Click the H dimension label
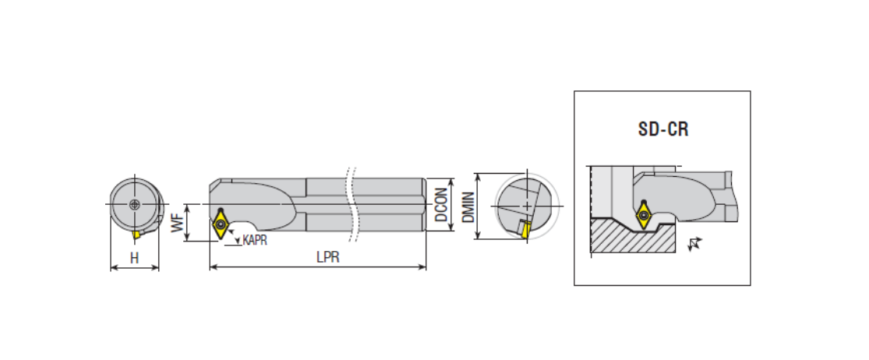(x=134, y=258)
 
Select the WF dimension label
(x=178, y=223)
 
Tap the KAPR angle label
(x=255, y=241)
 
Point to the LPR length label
(x=327, y=258)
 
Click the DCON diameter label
(x=441, y=204)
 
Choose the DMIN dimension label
(x=469, y=207)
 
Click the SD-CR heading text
(x=662, y=129)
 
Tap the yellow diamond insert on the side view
(x=221, y=224)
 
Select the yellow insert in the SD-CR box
(x=644, y=214)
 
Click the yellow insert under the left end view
(x=136, y=235)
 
